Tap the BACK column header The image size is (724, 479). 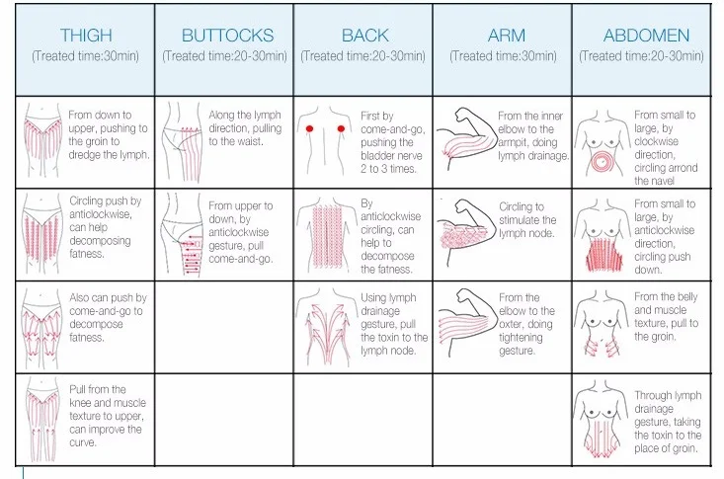[364, 36]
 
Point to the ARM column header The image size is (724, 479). [506, 36]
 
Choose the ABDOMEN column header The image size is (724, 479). [647, 36]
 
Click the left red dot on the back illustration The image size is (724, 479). [309, 129]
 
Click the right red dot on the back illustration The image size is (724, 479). [342, 129]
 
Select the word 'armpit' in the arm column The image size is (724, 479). [518, 142]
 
